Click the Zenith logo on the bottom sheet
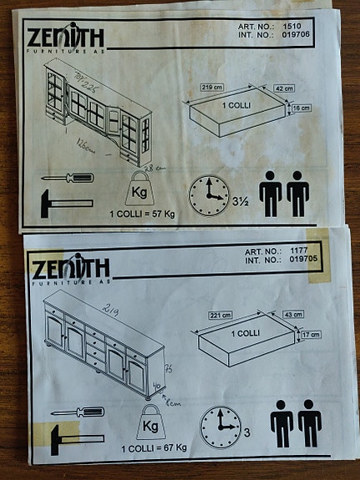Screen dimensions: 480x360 click(70, 269)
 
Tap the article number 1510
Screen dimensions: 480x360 click(292, 26)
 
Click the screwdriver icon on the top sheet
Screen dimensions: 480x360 click(67, 178)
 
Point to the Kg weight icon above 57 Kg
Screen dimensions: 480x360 click(137, 190)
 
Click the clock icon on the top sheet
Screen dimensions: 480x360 click(207, 195)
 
